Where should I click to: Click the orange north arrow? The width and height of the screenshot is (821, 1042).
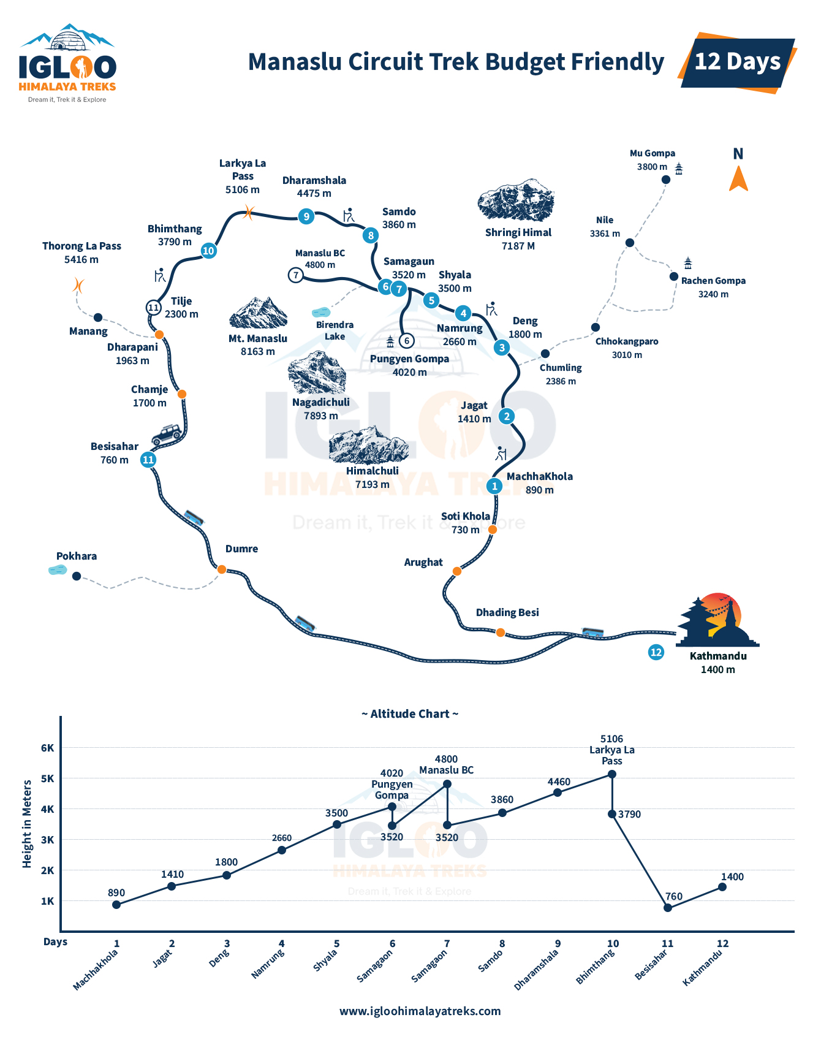click(x=738, y=180)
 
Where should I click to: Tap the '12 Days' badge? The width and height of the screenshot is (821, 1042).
click(x=737, y=62)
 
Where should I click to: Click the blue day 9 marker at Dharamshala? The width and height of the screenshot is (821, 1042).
click(x=306, y=216)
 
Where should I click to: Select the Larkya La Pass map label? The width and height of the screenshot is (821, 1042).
click(x=243, y=177)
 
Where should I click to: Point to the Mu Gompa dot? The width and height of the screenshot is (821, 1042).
click(x=666, y=180)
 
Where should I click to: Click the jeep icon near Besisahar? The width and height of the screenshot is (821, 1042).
click(x=167, y=435)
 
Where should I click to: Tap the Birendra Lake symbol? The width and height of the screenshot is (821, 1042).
click(x=320, y=313)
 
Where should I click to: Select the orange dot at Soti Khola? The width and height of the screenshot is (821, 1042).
click(x=493, y=530)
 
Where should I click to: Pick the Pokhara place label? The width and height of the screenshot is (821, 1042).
click(x=77, y=557)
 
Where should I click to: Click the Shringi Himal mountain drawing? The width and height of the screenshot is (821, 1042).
click(x=516, y=200)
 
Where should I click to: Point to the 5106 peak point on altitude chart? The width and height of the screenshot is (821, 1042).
click(x=612, y=774)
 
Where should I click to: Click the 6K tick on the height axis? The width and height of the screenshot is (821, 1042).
click(x=48, y=748)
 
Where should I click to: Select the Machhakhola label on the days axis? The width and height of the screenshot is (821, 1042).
click(x=96, y=969)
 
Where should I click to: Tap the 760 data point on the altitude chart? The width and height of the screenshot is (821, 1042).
click(x=668, y=908)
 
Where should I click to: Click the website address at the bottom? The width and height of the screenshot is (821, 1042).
click(x=420, y=1011)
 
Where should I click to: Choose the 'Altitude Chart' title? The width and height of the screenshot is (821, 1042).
click(x=410, y=714)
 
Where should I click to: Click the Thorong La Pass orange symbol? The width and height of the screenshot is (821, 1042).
click(x=78, y=286)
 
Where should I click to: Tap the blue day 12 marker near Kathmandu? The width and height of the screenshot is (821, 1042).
click(x=656, y=652)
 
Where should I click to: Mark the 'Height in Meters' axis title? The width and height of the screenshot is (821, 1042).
click(x=27, y=824)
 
